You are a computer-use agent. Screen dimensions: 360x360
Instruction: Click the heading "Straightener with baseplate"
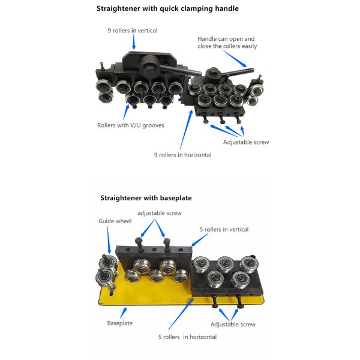pyautogui.click(x=146, y=197)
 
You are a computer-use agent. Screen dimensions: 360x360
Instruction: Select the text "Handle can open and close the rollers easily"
pyautogui.click(x=226, y=43)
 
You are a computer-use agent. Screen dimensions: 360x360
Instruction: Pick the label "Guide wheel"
pyautogui.click(x=111, y=221)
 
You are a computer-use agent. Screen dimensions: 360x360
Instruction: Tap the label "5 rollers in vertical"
pyautogui.click(x=224, y=229)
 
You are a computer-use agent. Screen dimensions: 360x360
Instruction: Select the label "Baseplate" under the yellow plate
pyautogui.click(x=120, y=323)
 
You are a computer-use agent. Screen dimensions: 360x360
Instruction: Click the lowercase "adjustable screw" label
pyautogui.click(x=159, y=213)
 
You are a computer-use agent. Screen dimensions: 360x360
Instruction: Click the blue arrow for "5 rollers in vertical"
pyautogui.click(x=197, y=239)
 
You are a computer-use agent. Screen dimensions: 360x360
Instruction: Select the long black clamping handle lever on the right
pyautogui.click(x=237, y=72)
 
